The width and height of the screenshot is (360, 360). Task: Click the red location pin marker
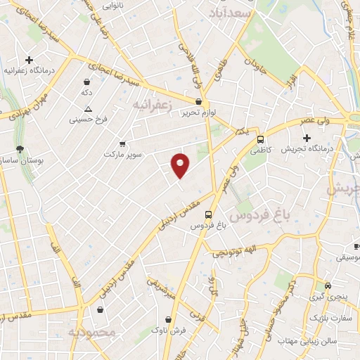(x=181, y=164)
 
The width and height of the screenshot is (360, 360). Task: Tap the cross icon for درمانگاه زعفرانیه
(x=29, y=60)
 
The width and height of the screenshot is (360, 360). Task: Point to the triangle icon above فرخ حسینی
(x=88, y=109)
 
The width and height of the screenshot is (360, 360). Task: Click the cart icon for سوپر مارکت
(x=122, y=143)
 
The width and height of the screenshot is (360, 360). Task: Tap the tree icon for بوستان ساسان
(x=20, y=149)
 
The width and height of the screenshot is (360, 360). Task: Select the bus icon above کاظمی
(x=260, y=139)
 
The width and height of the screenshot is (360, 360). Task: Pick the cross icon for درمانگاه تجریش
(x=306, y=137)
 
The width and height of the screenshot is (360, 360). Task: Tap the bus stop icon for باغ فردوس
(x=208, y=214)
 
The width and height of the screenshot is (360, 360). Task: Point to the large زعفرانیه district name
(x=152, y=104)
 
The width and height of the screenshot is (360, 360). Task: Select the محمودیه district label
(x=90, y=330)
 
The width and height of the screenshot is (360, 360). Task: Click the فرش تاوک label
(x=171, y=330)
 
